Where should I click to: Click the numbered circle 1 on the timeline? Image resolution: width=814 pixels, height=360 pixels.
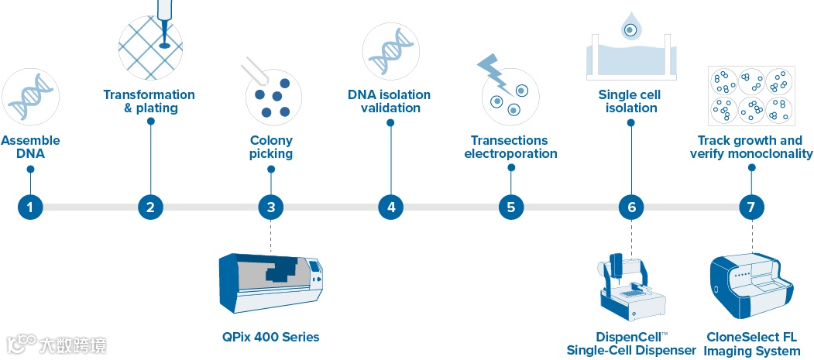pos(30,207)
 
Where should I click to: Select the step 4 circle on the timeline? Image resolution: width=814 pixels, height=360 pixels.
pos(391,207)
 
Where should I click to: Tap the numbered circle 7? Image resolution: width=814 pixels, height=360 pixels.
pos(751,207)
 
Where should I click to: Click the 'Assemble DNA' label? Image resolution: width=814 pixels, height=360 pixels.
pos(30,147)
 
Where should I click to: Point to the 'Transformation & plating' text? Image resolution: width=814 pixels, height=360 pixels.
pos(149,101)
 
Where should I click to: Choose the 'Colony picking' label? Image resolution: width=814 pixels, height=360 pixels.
pos(271,147)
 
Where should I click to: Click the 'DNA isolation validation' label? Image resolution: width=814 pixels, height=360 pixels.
pos(390,101)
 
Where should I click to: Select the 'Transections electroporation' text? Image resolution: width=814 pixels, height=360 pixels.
pos(511,147)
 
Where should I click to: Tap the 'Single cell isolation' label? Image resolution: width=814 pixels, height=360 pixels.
pos(631,101)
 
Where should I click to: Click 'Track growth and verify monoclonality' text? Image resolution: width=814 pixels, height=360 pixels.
pos(751,147)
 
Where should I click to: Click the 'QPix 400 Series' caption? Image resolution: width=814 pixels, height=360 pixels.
pos(270,337)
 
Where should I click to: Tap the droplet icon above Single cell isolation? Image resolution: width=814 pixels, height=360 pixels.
pos(631,28)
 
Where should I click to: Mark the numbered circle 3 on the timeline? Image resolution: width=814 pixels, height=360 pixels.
pos(271,207)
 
